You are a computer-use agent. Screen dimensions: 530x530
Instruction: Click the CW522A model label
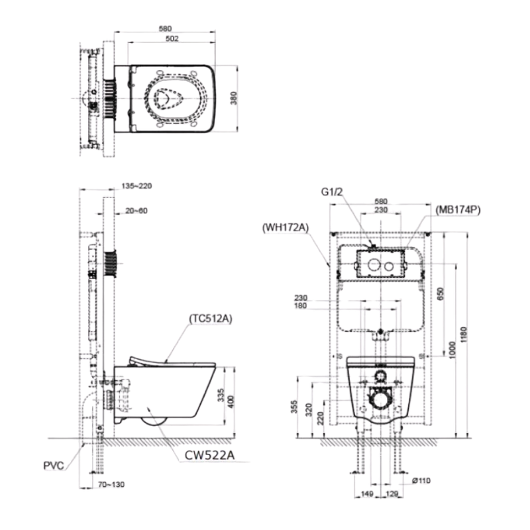tap(209, 455)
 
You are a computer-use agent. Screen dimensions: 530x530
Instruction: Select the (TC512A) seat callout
tap(211, 319)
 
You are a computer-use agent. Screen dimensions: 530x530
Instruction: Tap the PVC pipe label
tap(54, 466)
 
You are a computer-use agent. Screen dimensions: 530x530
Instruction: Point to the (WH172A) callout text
tap(286, 227)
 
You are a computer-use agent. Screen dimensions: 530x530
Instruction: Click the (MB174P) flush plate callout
tap(458, 210)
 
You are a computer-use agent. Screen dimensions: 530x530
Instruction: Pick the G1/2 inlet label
tap(332, 192)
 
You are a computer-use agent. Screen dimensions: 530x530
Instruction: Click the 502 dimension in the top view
tap(172, 38)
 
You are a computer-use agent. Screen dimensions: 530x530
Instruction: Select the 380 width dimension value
tap(234, 98)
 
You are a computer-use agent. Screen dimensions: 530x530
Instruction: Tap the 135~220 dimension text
tap(136, 186)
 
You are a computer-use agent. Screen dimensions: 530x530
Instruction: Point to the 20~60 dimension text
tap(136, 211)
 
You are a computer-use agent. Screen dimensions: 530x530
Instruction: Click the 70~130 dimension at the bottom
tap(111, 484)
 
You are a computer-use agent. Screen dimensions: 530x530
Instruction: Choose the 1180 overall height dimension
tap(464, 335)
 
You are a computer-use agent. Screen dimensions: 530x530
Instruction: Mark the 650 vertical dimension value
tap(440, 293)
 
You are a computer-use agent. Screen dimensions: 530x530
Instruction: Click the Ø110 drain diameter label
tap(421, 480)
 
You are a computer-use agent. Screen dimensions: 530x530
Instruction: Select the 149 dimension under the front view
tap(367, 494)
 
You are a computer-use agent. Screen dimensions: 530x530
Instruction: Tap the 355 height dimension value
tap(294, 407)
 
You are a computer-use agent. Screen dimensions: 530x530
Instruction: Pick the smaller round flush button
tap(389, 267)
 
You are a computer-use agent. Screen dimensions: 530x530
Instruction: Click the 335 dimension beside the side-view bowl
tap(221, 395)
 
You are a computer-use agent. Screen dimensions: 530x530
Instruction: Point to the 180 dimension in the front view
tap(301, 305)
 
